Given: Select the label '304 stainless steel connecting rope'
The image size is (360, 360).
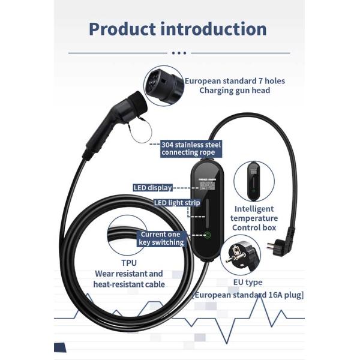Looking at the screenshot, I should coord(187,148).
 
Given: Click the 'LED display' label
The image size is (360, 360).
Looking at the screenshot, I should coord(152,188).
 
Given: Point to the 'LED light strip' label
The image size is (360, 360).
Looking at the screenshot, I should coord(177,203).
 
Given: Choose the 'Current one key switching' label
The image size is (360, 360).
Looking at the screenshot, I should coord(162,238).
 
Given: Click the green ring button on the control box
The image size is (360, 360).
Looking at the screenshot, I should coord(208,236).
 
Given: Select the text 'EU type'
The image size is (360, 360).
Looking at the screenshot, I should coord(247,282).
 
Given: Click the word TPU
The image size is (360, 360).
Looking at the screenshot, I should coord(128,263).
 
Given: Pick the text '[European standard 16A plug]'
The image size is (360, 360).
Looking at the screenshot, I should coord(247,295).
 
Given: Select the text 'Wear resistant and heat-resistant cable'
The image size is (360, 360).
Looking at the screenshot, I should coord(129,279).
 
